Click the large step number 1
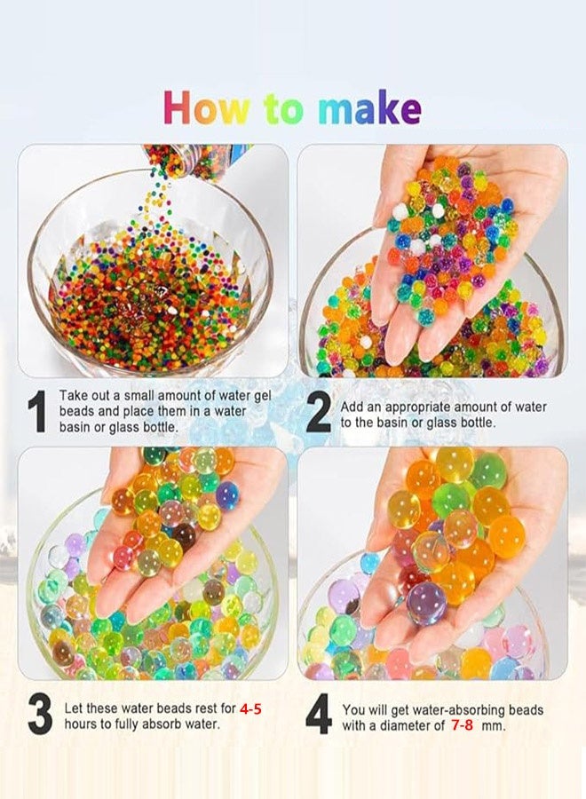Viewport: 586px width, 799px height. click(x=36, y=412)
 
